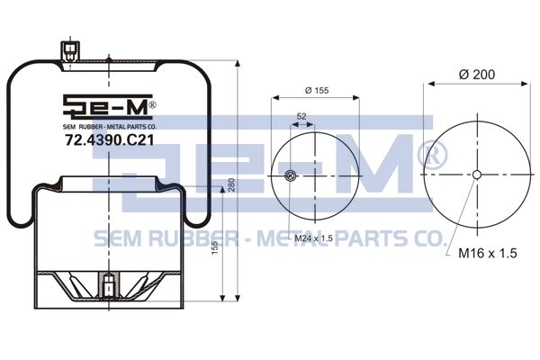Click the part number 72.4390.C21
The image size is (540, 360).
110,139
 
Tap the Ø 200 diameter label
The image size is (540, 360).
477,74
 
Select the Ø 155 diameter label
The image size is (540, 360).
317,90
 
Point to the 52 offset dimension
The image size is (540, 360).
301,116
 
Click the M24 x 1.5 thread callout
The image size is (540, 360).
314,238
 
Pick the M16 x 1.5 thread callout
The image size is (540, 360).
488,253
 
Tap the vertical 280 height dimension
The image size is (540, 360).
231,184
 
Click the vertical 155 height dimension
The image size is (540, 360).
214,248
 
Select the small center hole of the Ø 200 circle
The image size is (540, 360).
477,175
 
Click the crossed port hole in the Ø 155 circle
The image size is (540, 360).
291,175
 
